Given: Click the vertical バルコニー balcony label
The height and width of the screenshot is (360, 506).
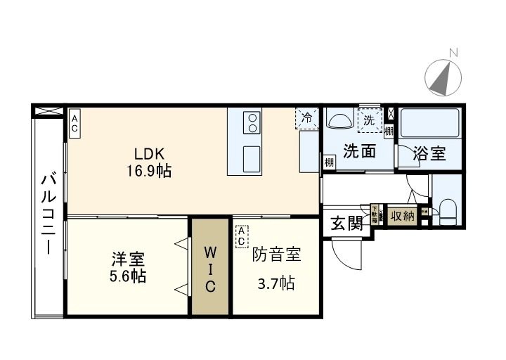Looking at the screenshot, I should (48, 214).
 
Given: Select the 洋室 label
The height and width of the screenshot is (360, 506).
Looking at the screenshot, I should (127, 258).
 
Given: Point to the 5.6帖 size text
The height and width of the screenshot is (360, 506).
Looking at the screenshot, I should (127, 276).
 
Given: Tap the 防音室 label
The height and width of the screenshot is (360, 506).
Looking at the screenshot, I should (277, 254).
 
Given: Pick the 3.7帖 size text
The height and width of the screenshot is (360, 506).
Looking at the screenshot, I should (276, 284).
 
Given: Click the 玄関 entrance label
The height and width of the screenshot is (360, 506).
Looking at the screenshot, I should (346, 224).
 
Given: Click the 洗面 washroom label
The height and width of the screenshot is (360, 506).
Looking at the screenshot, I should (358, 151).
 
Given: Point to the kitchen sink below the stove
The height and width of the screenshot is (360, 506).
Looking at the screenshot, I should (251, 157).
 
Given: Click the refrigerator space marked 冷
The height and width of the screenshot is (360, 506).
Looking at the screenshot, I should (306, 118).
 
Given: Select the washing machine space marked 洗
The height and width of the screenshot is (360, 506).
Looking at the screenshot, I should (369, 120).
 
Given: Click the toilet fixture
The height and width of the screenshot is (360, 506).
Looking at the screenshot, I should (448, 210).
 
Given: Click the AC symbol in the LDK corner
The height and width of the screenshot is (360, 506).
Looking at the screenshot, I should (74, 123).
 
